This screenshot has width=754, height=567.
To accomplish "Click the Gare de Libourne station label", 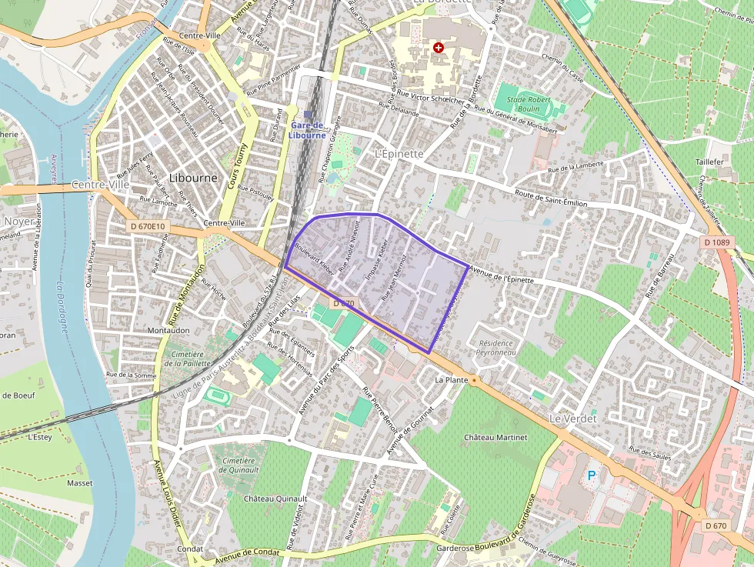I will point(307,130).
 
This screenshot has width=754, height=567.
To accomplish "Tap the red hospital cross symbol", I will point(439,48).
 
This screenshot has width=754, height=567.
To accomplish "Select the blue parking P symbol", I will point(592,475).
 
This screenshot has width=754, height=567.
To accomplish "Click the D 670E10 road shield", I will point(147,226).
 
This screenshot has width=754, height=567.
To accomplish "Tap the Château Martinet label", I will point(495,438).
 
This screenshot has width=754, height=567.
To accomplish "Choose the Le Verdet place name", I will point(569,418).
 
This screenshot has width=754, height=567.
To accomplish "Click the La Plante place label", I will point(452,380).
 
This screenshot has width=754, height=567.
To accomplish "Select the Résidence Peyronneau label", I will point(497,348).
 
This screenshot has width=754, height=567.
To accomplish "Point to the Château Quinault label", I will point(275,499).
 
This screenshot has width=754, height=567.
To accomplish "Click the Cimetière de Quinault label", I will point(237,465).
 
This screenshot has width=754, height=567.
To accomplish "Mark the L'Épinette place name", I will point(399,154).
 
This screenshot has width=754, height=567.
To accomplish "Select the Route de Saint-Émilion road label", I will point(551,198).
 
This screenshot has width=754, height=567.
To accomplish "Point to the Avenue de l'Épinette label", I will point(501,274).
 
